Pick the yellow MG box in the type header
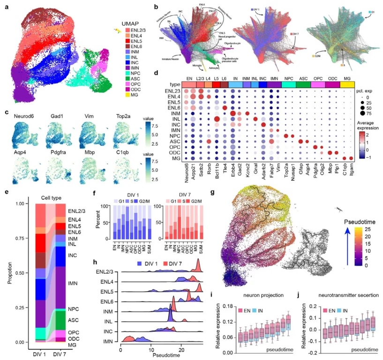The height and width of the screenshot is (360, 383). coord(348,83)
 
